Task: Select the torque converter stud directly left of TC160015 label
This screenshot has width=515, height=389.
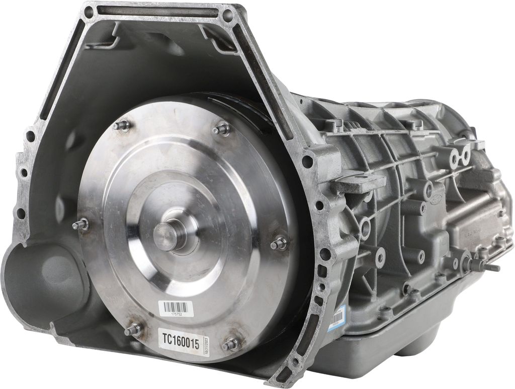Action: [134, 330]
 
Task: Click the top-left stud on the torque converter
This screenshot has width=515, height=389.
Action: [122, 126]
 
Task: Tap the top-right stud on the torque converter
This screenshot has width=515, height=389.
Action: [221, 130]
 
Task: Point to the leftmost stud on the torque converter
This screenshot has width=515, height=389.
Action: [80, 224]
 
